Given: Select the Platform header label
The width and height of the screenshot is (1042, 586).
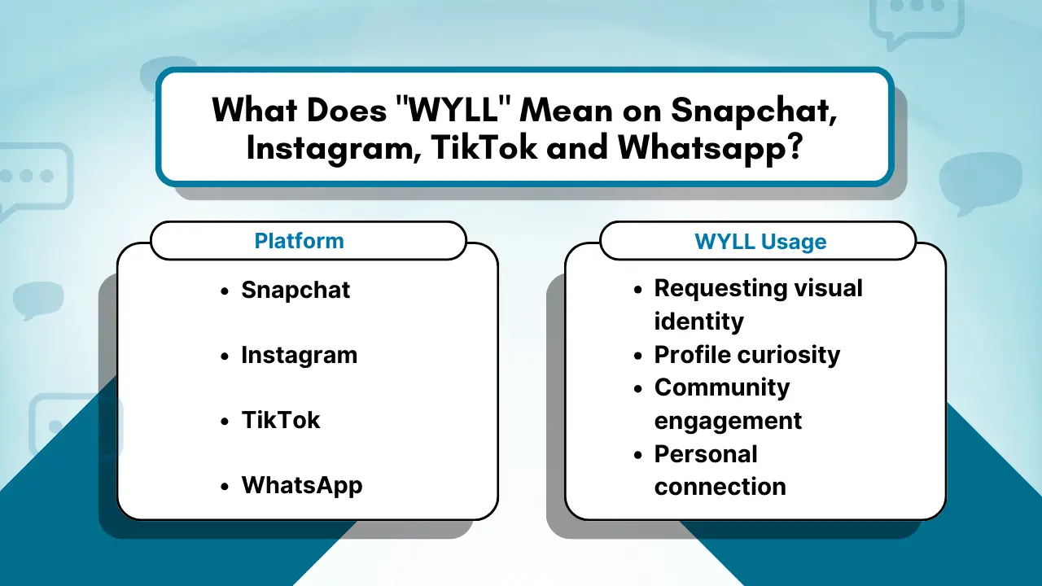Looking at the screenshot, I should point(299,241).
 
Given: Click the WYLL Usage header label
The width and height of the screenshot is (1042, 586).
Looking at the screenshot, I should point(760,242).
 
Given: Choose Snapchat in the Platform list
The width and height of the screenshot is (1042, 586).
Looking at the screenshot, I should point(296,291).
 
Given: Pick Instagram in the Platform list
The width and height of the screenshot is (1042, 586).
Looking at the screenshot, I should point(299,356).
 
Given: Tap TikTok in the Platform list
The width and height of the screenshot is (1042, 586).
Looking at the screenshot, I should point(281,421).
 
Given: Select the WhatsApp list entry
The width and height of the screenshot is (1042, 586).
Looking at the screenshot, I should point(302,486).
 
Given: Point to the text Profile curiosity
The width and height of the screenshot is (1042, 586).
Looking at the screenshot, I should point(746,355).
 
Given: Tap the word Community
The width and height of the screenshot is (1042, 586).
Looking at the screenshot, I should point(721,387).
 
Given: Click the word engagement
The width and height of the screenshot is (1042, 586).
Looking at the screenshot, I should point(728,421).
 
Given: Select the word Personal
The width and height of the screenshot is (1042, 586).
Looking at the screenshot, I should point(705,453).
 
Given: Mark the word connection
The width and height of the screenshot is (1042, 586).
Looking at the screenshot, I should point(720,487).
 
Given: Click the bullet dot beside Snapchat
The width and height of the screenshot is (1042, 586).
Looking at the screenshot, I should point(225,291).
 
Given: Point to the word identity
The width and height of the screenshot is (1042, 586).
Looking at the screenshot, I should point(698,321).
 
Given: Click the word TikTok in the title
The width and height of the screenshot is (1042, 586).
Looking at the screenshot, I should point(475,149).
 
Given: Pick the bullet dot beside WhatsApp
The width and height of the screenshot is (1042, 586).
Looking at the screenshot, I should point(225,487).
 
